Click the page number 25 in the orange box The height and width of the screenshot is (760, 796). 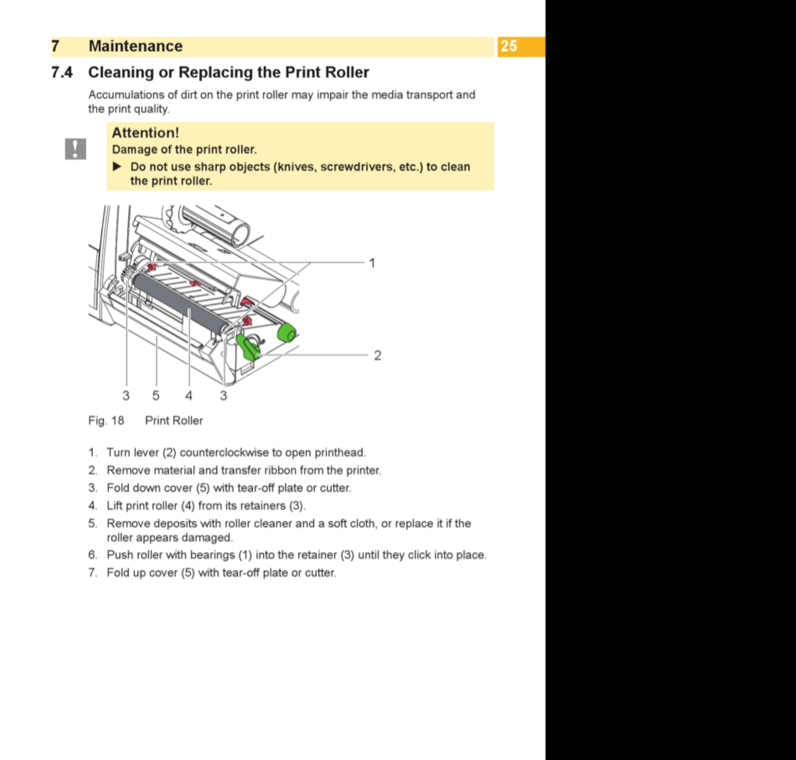pos(509,46)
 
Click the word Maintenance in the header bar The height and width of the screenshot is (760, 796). pos(135,46)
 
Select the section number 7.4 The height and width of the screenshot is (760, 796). pos(62,72)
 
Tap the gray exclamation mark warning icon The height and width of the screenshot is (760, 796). pos(75,149)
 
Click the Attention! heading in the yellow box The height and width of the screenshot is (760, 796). pos(145,133)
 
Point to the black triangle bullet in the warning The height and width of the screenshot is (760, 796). pos(117,167)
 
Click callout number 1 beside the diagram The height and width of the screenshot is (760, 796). pos(372,263)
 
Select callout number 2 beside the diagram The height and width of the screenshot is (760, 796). pos(377,355)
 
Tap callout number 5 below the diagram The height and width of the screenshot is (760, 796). pos(156,396)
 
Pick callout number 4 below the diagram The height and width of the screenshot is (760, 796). pos(189,396)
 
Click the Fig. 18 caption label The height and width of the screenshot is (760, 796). pos(106,421)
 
